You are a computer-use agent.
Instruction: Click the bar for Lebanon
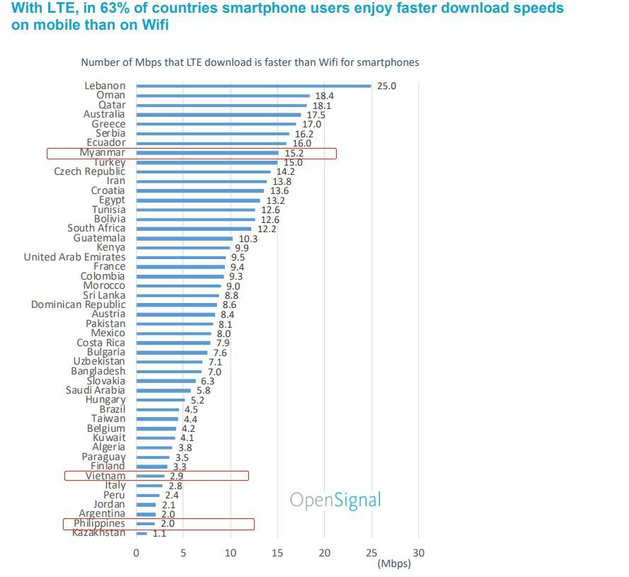(253, 86)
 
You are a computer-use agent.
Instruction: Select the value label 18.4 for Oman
(325, 96)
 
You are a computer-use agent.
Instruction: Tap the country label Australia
(103, 114)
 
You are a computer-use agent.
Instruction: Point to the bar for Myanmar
(207, 152)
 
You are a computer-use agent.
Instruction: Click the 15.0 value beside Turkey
(293, 162)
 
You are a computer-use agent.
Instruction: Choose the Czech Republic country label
(90, 171)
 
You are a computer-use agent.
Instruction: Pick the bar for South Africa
(193, 229)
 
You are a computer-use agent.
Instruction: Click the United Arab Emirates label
(74, 257)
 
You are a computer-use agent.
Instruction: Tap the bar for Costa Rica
(173, 343)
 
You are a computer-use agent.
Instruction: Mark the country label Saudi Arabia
(96, 390)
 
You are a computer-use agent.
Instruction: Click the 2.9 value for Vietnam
(177, 476)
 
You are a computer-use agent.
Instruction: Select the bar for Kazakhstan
(142, 533)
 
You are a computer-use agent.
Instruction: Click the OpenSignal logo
(335, 500)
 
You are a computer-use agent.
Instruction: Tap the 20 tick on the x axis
(324, 552)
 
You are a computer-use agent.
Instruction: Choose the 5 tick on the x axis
(183, 552)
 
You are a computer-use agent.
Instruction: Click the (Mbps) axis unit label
(393, 564)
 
